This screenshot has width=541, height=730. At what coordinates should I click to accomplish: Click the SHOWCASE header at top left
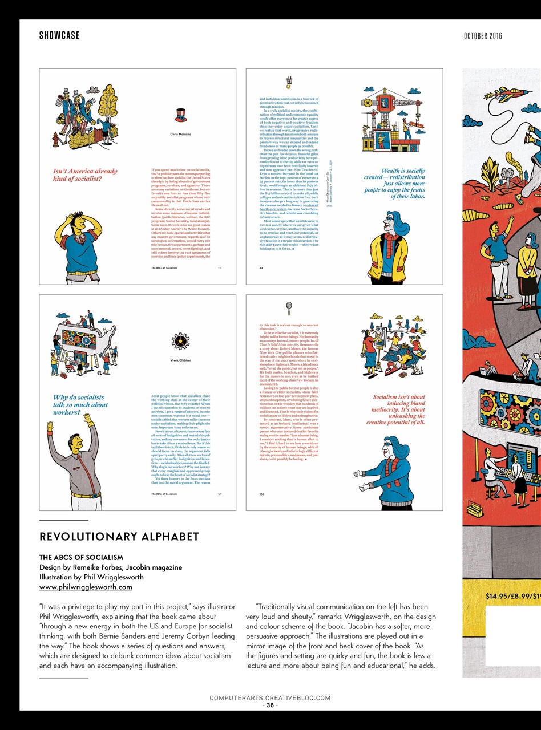tap(59, 36)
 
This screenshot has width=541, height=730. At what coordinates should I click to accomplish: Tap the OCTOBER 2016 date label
tap(483, 36)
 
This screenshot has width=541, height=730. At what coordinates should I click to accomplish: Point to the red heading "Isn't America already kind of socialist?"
tap(85, 175)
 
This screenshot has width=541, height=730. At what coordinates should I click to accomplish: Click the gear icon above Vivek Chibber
tap(180, 341)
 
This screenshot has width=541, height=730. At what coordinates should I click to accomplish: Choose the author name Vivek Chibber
tap(180, 360)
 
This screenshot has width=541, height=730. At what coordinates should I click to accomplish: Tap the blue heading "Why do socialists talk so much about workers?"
tap(80, 404)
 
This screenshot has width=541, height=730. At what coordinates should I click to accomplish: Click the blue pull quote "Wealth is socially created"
tap(395, 183)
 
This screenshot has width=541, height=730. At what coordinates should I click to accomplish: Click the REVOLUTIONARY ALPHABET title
tap(119, 537)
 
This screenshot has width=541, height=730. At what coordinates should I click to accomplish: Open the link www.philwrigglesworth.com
tap(86, 587)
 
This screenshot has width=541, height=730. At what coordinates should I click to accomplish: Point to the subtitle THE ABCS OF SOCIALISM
tap(81, 557)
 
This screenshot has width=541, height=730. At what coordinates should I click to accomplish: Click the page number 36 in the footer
tap(270, 705)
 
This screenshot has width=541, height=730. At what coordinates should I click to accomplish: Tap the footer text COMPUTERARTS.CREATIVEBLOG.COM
tap(270, 698)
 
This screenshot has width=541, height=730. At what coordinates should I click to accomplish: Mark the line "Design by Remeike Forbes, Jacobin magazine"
tap(111, 567)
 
